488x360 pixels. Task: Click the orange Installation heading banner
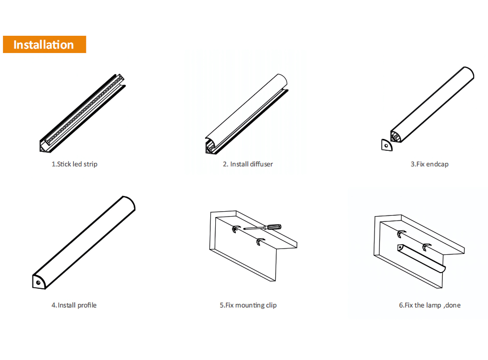[x=45, y=45]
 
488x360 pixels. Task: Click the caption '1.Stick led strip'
[x=74, y=164]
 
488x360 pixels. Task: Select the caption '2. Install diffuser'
[x=248, y=164]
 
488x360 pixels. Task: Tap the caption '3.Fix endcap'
[x=430, y=164]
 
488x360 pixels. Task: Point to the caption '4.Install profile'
[x=74, y=305]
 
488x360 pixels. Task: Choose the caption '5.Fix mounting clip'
[x=248, y=305]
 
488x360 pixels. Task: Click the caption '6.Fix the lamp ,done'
[x=430, y=305]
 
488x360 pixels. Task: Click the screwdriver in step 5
[x=262, y=227]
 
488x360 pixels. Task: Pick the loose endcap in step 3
[x=387, y=145]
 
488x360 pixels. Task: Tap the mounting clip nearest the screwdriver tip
[x=236, y=229]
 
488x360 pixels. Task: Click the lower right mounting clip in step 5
[x=260, y=242]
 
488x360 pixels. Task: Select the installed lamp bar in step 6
[x=421, y=259]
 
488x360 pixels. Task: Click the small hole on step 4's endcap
[x=38, y=283]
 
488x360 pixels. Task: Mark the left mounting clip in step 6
[x=401, y=234]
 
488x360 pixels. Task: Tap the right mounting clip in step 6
[x=426, y=247]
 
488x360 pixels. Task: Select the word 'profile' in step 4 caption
[x=87, y=305]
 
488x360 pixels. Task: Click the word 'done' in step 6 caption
[x=453, y=305]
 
